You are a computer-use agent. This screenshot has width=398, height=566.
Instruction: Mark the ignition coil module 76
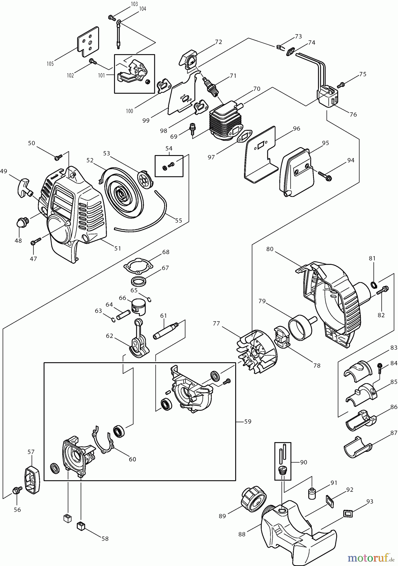tap(327, 97)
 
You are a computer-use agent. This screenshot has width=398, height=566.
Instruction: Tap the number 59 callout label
tap(248, 421)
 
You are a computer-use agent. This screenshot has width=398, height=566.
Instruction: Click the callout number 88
tap(242, 534)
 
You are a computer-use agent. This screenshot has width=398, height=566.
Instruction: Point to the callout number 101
tap(101, 75)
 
